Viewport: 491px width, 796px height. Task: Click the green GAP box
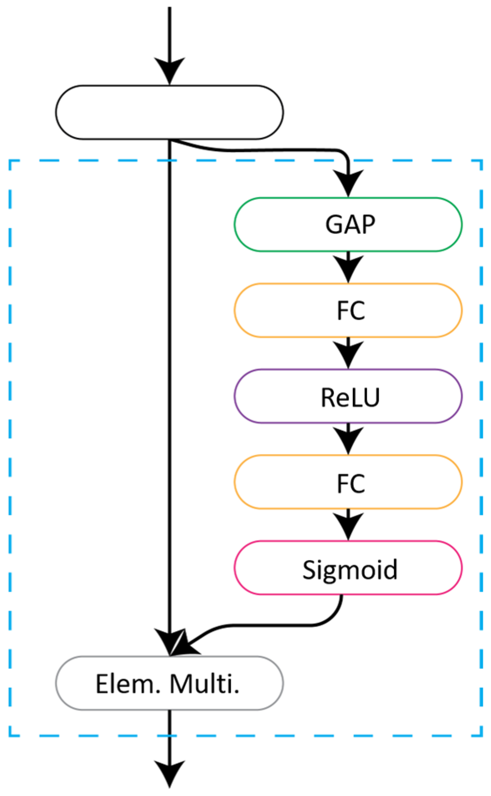348,224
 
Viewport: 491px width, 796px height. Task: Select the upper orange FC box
348,310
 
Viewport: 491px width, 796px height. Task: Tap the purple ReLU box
348,396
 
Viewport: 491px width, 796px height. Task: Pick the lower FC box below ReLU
348,482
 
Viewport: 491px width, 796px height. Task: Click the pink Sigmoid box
348,568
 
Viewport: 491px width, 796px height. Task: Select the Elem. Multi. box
169,683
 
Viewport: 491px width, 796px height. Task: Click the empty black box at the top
169,112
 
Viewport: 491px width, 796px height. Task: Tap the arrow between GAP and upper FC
348,267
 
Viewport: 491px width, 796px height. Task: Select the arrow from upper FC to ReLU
348,353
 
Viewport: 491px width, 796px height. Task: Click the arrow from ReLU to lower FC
348,439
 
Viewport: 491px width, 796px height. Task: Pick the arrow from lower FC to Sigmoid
348,525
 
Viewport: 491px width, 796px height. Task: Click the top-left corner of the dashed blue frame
10,161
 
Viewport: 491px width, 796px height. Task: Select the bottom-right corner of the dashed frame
481,736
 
